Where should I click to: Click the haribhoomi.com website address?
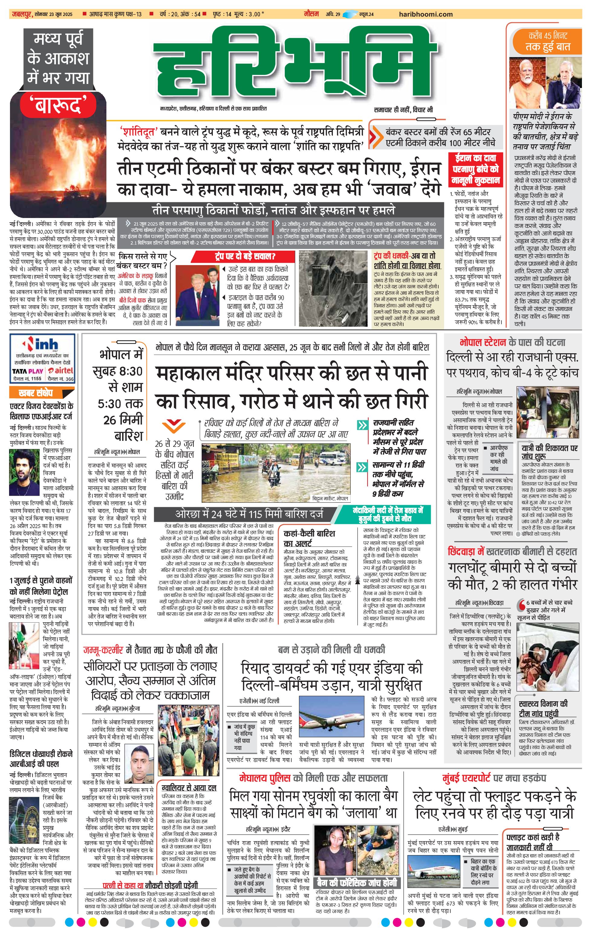click(426, 14)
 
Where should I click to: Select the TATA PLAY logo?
click(27, 371)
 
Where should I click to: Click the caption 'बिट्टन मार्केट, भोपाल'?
click(330, 498)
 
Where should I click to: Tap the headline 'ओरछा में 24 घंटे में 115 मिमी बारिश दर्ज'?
click(249, 514)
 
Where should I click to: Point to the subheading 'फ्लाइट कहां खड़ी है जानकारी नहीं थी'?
click(533, 841)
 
